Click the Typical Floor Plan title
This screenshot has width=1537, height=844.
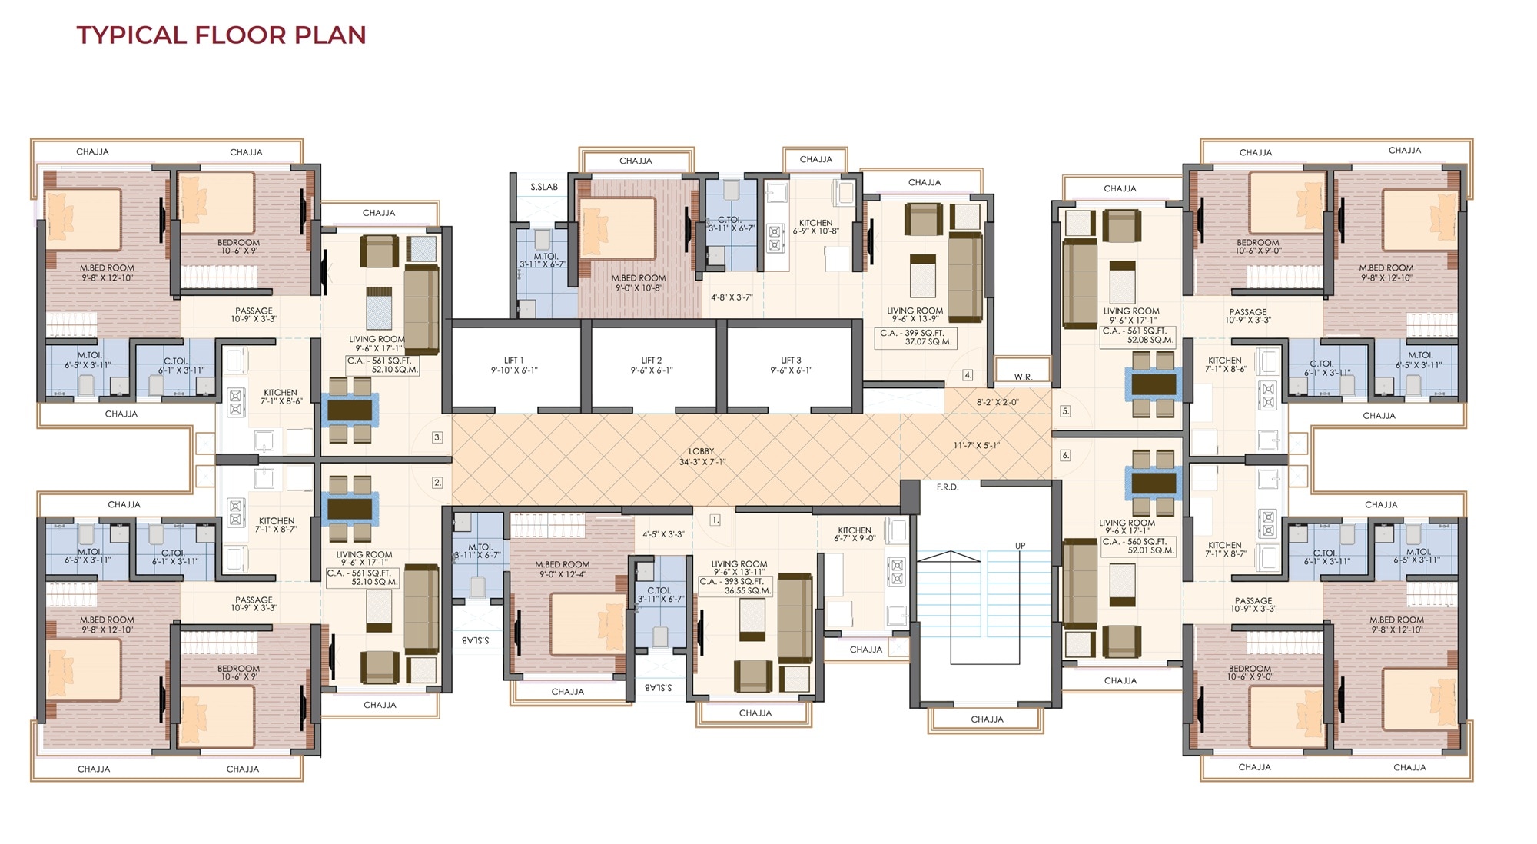point(221,35)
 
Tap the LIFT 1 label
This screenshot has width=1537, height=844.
point(514,365)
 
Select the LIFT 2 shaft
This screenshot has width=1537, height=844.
point(652,365)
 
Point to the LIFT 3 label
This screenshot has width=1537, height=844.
point(792,365)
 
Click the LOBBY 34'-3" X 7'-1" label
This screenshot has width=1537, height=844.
point(702,457)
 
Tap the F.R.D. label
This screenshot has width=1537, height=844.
point(948,487)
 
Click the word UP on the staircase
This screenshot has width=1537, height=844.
point(1020,546)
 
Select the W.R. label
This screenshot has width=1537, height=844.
point(1023,377)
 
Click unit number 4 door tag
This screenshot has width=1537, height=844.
point(968,375)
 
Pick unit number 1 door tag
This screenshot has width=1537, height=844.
point(715,520)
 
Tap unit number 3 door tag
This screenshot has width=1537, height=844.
point(437,437)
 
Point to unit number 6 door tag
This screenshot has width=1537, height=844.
point(1065,455)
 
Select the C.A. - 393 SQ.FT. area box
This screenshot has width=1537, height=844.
point(735,586)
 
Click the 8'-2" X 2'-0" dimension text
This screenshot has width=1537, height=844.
point(998,402)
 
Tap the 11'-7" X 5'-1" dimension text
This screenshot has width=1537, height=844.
point(977,445)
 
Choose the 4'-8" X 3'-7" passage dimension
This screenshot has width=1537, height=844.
point(731,297)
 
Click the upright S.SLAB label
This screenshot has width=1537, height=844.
point(544,187)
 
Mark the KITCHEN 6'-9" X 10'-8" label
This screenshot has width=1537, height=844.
point(816,227)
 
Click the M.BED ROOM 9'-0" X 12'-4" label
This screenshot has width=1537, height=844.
point(563,570)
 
